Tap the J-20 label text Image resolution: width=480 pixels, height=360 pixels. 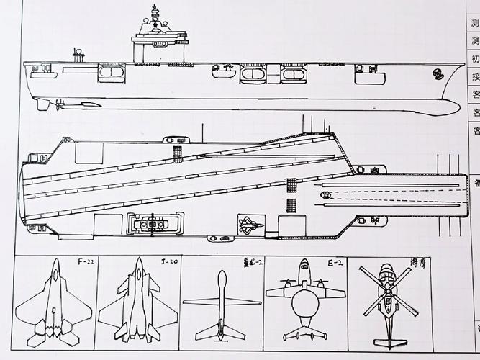coord(169,261)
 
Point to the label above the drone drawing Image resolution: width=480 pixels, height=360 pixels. coord(253,262)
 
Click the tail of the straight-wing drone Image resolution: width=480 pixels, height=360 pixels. coord(220,331)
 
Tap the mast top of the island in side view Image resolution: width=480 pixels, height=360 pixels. coord(155,9)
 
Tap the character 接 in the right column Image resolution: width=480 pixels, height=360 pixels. coord(475,77)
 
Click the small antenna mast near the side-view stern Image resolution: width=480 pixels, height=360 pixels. coord(76,53)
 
